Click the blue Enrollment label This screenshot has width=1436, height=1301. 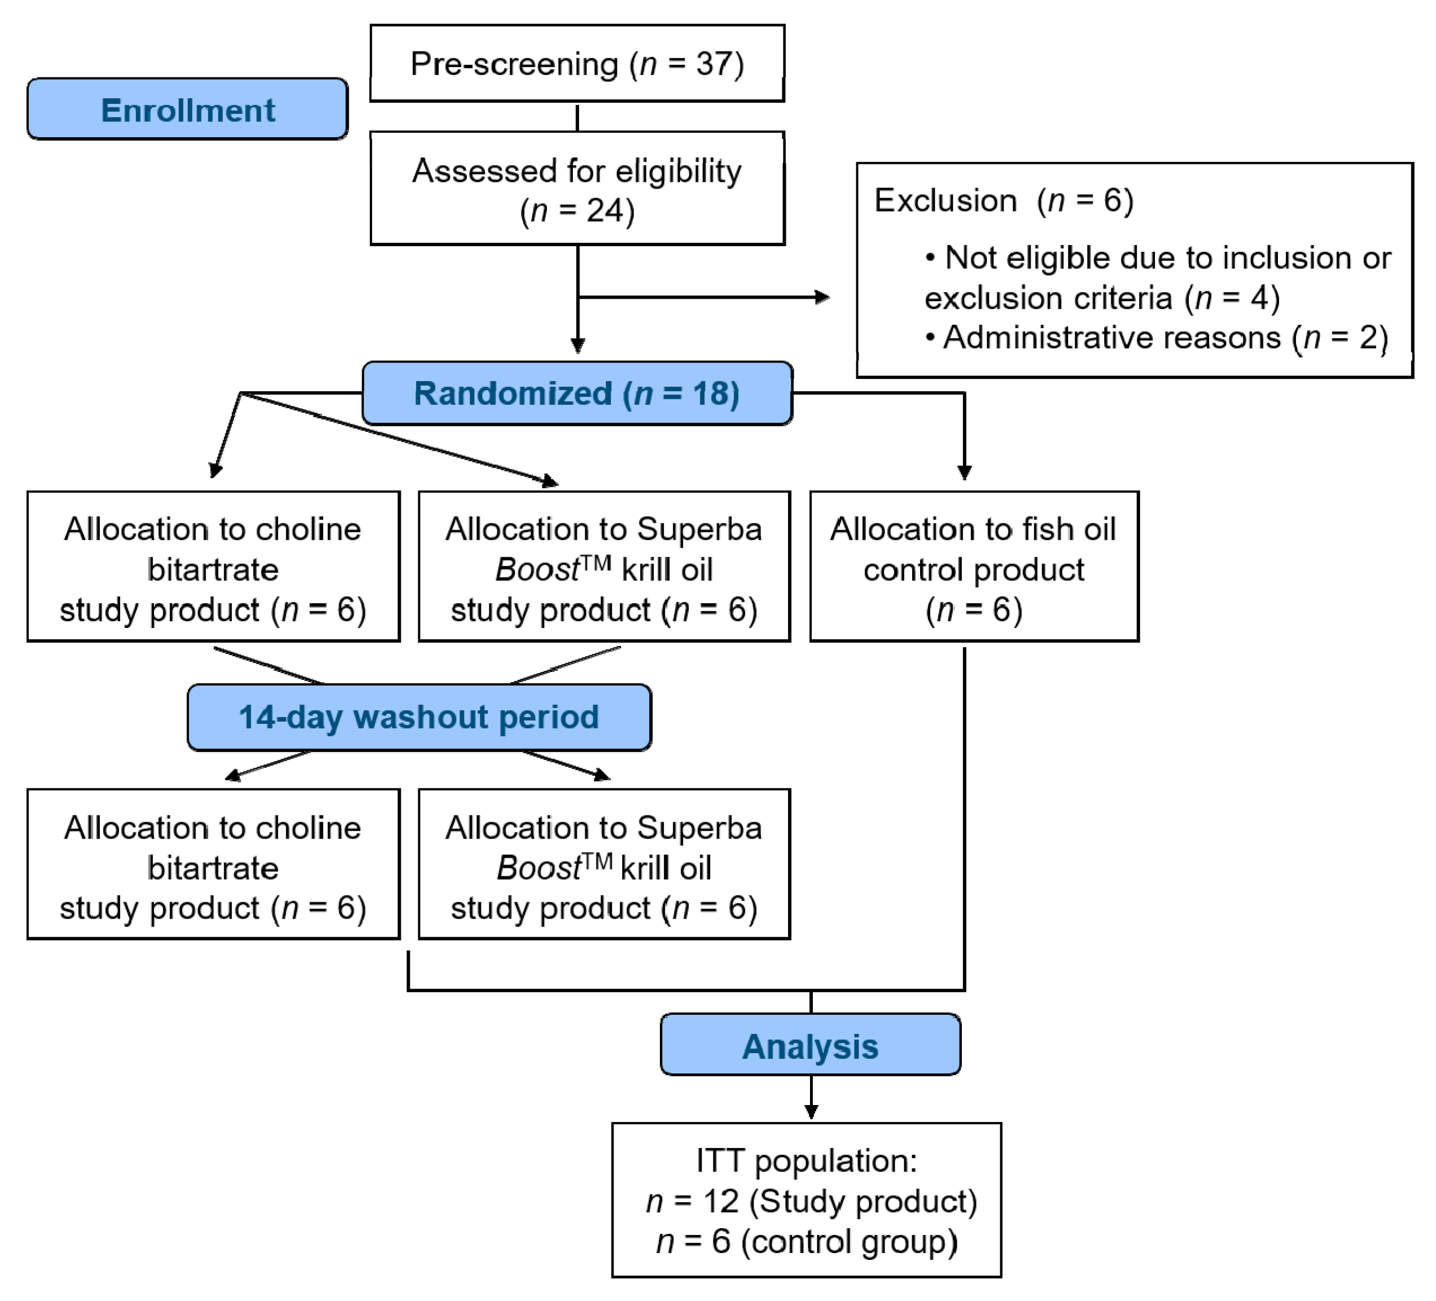tap(187, 110)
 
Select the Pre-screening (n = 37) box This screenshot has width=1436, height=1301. tap(577, 63)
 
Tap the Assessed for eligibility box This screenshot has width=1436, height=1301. tap(577, 189)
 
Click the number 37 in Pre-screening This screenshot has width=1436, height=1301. tap(715, 64)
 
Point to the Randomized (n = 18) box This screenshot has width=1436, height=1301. tap(577, 393)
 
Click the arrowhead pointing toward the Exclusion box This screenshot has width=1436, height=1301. tap(823, 297)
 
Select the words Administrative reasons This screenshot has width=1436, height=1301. tap(1111, 338)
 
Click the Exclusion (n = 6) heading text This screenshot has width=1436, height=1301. tap(1003, 201)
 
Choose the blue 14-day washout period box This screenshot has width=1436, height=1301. tap(419, 717)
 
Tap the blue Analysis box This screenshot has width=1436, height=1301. tap(810, 1046)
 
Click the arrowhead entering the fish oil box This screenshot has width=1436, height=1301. tap(965, 473)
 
